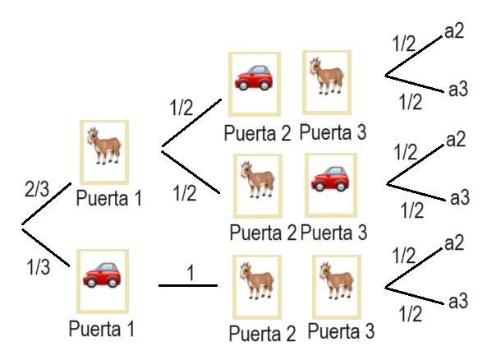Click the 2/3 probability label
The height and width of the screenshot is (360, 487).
37,189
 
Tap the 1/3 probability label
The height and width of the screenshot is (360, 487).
39,267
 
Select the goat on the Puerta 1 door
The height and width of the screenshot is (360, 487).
104,145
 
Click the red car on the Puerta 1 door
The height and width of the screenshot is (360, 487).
102,275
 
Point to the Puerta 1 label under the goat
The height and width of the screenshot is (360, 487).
109,198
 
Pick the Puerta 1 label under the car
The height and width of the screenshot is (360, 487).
102,329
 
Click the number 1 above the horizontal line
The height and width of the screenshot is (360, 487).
191,273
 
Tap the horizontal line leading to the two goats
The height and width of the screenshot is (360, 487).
188,285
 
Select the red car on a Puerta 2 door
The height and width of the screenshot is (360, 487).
254,78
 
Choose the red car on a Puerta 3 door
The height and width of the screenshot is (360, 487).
330,178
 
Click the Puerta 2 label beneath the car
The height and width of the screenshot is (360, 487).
258,133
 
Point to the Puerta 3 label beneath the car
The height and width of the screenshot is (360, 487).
334,233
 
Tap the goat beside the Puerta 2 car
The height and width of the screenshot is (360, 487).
327,76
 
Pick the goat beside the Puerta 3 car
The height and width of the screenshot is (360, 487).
258,179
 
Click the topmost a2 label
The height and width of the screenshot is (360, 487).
454,31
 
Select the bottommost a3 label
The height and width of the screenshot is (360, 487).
458,301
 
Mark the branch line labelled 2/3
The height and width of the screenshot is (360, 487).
46,204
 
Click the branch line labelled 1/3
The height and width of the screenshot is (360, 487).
46,247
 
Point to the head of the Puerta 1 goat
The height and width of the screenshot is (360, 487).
93,136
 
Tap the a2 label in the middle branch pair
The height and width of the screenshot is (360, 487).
456,140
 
